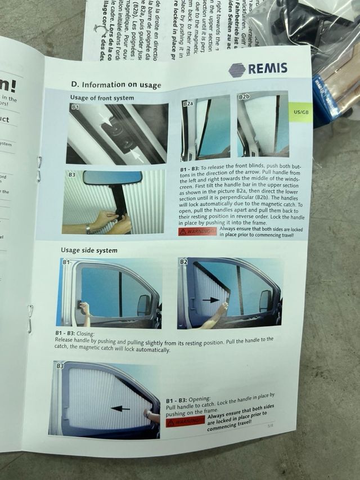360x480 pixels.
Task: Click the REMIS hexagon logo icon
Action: [237, 70]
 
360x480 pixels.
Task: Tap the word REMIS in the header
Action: [268, 69]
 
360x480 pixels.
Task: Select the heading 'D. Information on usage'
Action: [116, 84]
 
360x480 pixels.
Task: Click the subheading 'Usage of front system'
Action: [102, 98]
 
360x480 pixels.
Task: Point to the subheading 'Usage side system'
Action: [90, 250]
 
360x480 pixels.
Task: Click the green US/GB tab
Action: [301, 111]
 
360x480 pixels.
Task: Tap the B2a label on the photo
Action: [188, 104]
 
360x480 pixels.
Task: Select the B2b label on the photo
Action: [244, 97]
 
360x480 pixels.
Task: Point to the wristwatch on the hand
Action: [88, 228]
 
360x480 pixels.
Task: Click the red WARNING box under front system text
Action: [197, 231]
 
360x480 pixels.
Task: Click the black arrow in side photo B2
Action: [210, 300]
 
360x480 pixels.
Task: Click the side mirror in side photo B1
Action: [144, 304]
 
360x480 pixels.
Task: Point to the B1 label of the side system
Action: [66, 262]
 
